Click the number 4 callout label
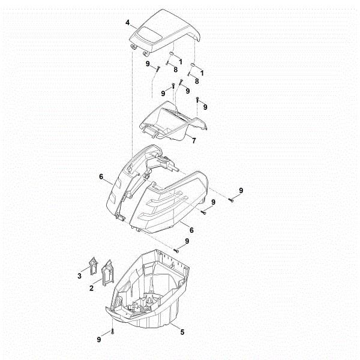pos(128,23)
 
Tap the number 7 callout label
pos(194,140)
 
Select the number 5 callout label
pos(182,332)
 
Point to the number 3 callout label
pos(79,276)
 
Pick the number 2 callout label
pos(91,288)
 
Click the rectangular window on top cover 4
pos(148,34)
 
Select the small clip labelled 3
pos(93,266)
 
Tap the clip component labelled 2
pos(107,273)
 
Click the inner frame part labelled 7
pos(173,121)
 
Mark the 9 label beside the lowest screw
pos(99,340)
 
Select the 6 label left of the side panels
pos(101,177)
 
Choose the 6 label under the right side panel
pos(191,230)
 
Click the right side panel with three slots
pos(169,202)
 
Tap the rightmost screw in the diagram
pos(231,200)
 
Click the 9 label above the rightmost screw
pos(241,190)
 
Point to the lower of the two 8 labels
pos(197,81)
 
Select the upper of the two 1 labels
pos(181,62)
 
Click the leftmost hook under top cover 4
pos(133,47)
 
